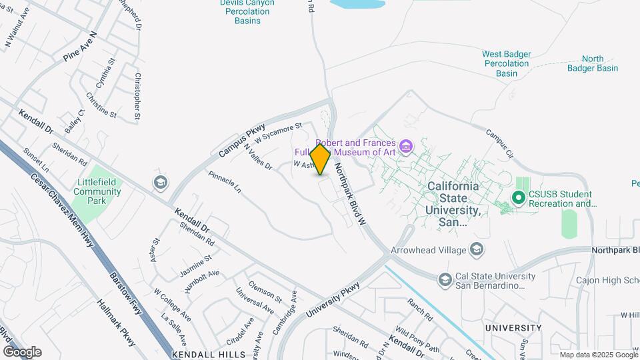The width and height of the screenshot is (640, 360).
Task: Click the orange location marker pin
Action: coord(321,159)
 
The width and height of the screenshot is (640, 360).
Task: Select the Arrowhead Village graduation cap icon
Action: coord(477,250)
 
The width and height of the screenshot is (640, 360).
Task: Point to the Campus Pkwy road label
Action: coord(242,140)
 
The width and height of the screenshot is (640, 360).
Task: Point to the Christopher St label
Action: coord(137,97)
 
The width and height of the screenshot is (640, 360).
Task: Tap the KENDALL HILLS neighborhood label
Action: coord(208,355)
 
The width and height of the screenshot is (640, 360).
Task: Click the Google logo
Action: coord(22,352)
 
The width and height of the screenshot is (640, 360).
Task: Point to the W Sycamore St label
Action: coord(279,131)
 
